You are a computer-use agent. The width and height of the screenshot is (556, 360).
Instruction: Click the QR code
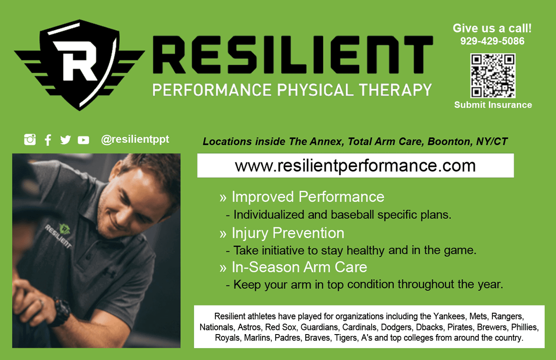[x=493, y=75]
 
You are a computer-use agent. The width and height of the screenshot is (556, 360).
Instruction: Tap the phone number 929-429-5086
[x=492, y=41]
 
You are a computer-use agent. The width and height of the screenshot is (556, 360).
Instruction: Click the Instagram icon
[x=30, y=140]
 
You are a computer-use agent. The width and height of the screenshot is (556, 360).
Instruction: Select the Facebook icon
[x=48, y=140]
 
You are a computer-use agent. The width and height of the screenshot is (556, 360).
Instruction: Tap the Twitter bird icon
[x=65, y=140]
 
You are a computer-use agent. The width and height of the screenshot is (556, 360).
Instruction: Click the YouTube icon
[x=84, y=140]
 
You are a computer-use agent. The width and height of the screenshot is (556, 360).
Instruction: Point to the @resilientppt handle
[x=135, y=140]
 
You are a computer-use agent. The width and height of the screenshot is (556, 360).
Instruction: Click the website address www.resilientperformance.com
[x=355, y=166]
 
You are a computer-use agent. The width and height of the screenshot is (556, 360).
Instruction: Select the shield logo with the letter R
[x=79, y=65]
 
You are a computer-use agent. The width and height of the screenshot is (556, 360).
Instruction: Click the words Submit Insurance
[x=493, y=105]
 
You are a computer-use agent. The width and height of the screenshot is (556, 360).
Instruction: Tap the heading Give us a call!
[x=492, y=28]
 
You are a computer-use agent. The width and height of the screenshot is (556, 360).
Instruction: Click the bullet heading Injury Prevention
[x=288, y=233]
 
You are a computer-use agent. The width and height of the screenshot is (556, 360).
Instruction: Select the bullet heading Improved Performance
[x=308, y=197]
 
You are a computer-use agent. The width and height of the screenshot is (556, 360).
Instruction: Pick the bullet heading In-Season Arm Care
[x=299, y=267]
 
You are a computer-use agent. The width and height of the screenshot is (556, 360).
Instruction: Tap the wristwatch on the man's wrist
[x=60, y=311]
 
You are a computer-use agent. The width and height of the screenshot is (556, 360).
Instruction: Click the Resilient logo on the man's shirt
[x=60, y=235]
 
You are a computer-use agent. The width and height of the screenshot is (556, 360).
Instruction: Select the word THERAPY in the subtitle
[x=395, y=90]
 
